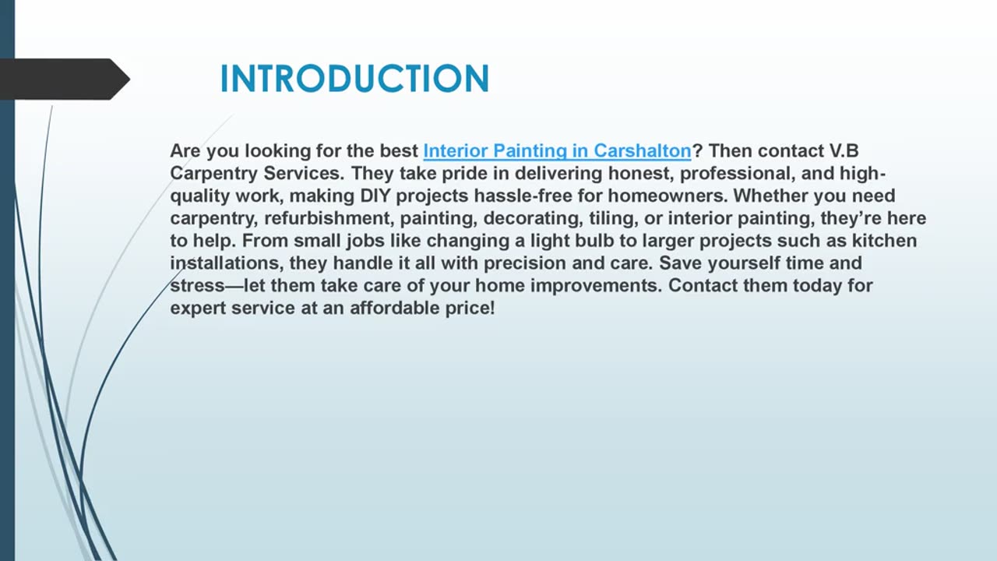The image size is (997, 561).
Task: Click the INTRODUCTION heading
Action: click(354, 79)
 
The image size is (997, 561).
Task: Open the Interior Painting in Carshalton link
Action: click(557, 150)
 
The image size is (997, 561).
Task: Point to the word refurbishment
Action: click(328, 218)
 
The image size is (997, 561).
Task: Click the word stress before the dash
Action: click(196, 286)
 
